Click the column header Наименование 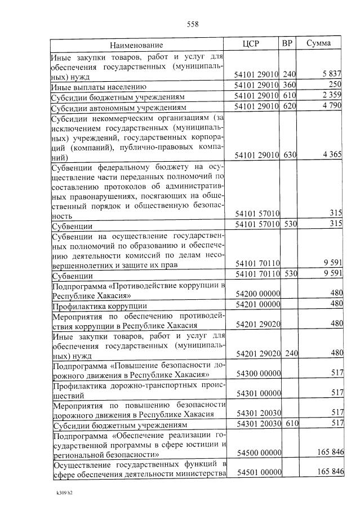point(136,45)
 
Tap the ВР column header point(287,43)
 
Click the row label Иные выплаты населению point(99,87)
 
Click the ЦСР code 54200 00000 point(259,294)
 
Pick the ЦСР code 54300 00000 point(259,374)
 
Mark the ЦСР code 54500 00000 point(259,453)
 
